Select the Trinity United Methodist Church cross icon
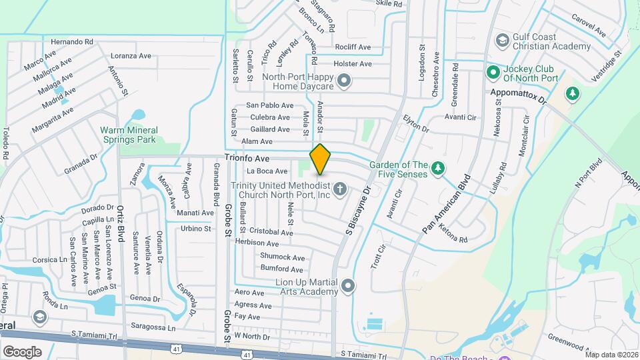pyautogui.click(x=340, y=190)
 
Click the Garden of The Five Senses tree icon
pyautogui.click(x=437, y=169)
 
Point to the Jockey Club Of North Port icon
pyautogui.click(x=493, y=71)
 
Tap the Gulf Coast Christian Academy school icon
pyautogui.click(x=501, y=42)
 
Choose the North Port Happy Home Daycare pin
pyautogui.click(x=344, y=82)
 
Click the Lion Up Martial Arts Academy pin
pyautogui.click(x=347, y=287)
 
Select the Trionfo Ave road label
pyautogui.click(x=247, y=159)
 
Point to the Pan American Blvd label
pyautogui.click(x=447, y=204)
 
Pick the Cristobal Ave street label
pyautogui.click(x=272, y=233)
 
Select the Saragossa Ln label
pyautogui.click(x=153, y=327)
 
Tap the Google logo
pyautogui.click(x=23, y=351)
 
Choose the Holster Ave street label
pyautogui.click(x=352, y=64)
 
